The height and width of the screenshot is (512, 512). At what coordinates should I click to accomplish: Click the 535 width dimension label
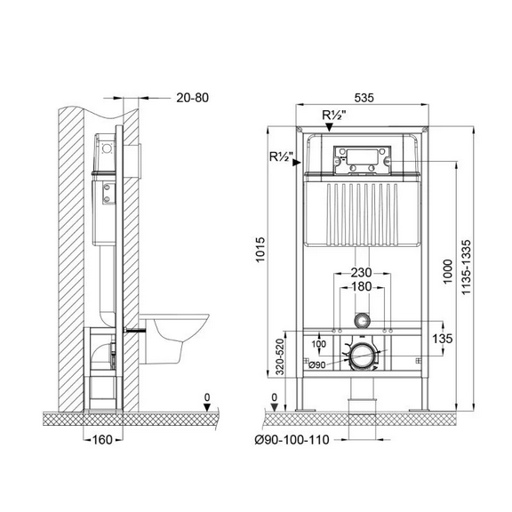coord(364,98)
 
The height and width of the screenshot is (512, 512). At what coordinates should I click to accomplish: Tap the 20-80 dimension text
coord(192,98)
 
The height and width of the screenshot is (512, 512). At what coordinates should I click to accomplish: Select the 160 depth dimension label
coord(102,439)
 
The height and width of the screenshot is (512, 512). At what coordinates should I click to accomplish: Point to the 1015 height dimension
coord(260,250)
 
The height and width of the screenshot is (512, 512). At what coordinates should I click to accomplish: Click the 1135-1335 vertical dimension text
coord(467,267)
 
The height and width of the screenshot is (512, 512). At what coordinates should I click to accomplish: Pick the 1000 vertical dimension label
coord(448,272)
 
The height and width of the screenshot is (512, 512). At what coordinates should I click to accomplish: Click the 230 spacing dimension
coord(361,272)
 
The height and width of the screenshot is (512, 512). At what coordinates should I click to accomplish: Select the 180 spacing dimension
coord(361,287)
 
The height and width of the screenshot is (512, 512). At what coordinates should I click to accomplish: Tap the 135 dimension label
coord(443,339)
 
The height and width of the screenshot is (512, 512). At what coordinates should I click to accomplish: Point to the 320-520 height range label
coord(280,356)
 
